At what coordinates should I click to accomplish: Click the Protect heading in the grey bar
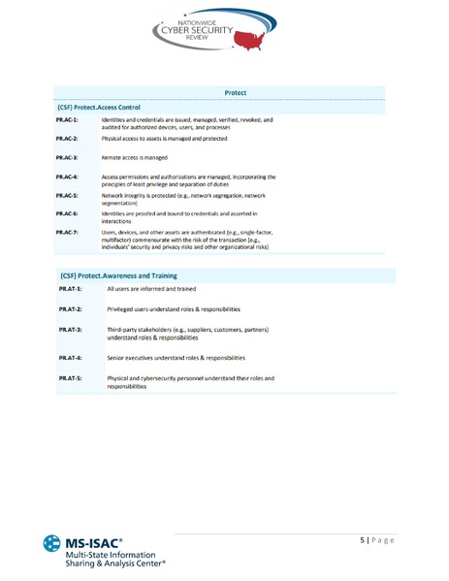click(235, 92)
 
